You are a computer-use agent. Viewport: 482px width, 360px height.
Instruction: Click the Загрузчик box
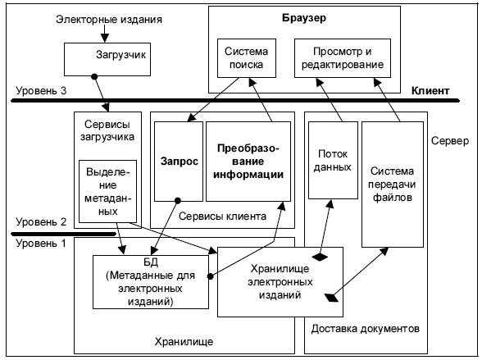coord(107,59)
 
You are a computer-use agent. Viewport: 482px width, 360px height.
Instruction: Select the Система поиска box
coord(247,58)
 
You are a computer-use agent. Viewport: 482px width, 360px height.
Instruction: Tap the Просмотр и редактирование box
coord(343,58)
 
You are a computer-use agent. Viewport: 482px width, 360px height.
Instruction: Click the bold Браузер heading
coord(304,18)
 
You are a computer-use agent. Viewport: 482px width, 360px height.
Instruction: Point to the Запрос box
coord(179,162)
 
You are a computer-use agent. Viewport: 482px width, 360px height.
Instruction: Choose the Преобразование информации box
coord(248,162)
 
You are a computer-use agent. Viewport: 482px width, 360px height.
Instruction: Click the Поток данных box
coord(333,160)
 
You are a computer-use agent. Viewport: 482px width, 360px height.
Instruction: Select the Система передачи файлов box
coord(392,185)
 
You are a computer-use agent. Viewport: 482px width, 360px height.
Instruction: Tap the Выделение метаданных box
coord(108,191)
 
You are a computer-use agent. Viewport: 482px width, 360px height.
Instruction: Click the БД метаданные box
coord(151,282)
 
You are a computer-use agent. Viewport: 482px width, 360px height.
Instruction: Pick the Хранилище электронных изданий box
coord(280,282)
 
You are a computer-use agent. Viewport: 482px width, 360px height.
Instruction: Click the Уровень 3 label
coord(41,91)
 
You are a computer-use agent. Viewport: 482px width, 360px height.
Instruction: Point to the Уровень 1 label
coord(41,244)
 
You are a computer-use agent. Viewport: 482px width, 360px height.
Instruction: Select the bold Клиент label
coord(430,91)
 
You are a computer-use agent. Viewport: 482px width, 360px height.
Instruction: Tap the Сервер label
coord(450,141)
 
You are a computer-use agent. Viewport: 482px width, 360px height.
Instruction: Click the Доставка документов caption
coord(366,329)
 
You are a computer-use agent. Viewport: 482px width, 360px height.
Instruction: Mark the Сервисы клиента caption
coord(222,216)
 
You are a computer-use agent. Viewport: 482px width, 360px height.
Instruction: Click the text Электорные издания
coord(109,20)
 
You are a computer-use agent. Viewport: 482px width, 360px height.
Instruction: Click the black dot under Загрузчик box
coord(94,76)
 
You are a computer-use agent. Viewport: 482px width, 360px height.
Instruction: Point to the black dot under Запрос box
coord(178,201)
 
